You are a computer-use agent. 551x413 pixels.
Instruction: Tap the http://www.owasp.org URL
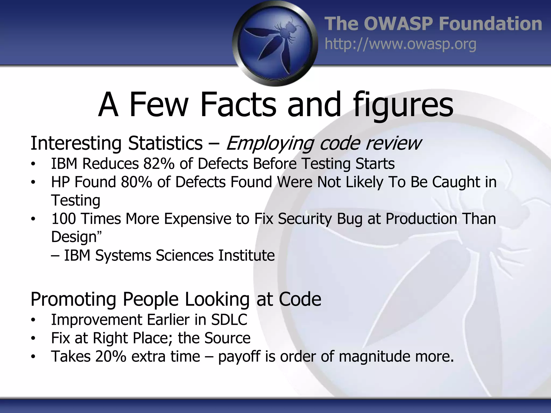(400, 44)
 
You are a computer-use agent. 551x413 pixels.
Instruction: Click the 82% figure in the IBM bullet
(159, 163)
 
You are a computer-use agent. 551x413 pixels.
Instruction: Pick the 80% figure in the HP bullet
(136, 182)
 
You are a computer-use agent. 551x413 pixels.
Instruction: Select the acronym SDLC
(229, 319)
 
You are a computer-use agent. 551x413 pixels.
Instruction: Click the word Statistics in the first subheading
(165, 143)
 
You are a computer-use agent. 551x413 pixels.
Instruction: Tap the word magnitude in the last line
(374, 357)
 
